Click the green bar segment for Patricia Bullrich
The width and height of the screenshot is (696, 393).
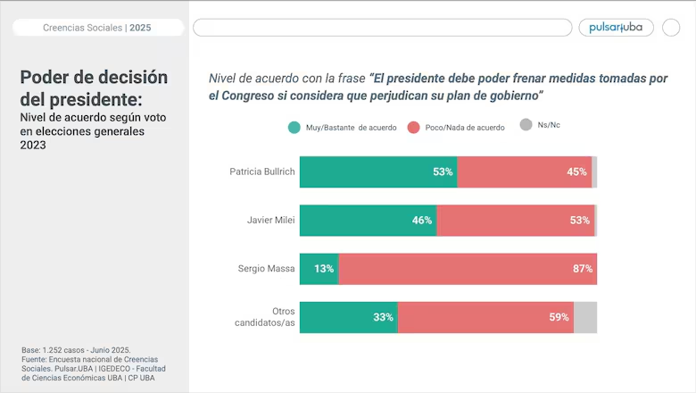[x=378, y=171]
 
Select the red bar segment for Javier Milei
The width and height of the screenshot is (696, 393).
[x=516, y=221]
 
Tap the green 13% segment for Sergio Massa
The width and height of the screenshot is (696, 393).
[x=319, y=269]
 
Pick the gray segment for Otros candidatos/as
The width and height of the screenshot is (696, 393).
[x=585, y=317]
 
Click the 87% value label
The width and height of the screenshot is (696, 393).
[x=583, y=269]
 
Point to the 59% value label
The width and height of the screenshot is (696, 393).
[x=559, y=317]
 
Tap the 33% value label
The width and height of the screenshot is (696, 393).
[x=383, y=317]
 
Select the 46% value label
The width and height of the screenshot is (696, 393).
[x=422, y=221]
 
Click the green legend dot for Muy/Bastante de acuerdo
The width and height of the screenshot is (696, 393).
[x=294, y=128]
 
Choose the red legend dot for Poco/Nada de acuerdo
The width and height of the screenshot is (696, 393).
[x=414, y=128]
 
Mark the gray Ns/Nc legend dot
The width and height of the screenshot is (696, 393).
[x=526, y=125]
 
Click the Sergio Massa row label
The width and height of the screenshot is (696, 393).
[x=266, y=269]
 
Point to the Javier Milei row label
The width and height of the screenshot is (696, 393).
[x=270, y=221]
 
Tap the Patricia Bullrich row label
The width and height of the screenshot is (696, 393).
[x=261, y=171]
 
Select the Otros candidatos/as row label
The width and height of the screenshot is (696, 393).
[x=264, y=317]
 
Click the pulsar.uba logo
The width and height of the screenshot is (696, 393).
[x=616, y=28]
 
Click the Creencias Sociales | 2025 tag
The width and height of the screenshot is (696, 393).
[x=97, y=28]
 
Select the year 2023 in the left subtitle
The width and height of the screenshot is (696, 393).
[x=33, y=146]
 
